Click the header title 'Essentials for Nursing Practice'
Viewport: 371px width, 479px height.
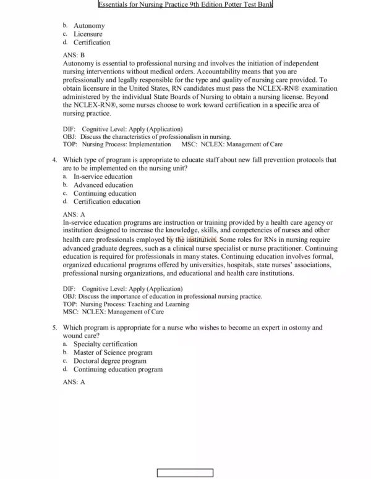click(177, 5)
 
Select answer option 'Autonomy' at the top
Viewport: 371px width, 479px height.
click(88, 25)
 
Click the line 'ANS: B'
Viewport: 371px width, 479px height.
click(74, 55)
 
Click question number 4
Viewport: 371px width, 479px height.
click(55, 159)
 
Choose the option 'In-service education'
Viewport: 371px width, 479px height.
click(103, 177)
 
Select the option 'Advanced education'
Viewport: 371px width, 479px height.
click(103, 185)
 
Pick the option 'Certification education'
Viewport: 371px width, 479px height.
click(106, 201)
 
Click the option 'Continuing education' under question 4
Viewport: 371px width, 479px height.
click(104, 193)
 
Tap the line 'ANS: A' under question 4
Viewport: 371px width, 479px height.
click(74, 214)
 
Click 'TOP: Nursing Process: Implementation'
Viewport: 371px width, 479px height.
click(117, 144)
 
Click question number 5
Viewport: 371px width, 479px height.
click(55, 327)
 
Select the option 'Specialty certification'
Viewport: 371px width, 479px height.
click(105, 344)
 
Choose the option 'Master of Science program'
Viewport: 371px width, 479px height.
click(113, 352)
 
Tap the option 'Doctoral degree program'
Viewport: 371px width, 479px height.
click(110, 361)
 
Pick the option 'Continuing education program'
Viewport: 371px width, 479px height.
click(118, 370)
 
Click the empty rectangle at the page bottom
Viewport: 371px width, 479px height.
click(185, 473)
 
